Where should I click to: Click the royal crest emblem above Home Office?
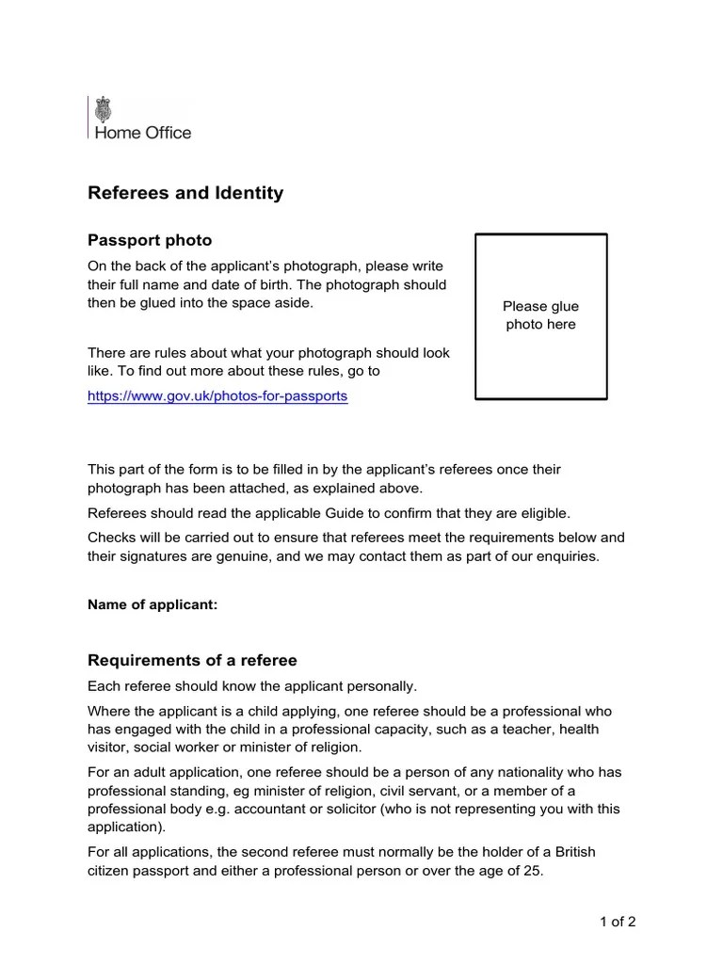point(103,110)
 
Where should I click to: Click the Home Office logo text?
point(141,133)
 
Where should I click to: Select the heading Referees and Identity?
point(185,193)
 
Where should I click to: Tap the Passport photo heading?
point(150,241)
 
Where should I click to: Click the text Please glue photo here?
point(540,315)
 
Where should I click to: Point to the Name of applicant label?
point(153,605)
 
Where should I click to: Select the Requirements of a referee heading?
point(192,660)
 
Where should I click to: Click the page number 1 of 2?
point(618,922)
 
